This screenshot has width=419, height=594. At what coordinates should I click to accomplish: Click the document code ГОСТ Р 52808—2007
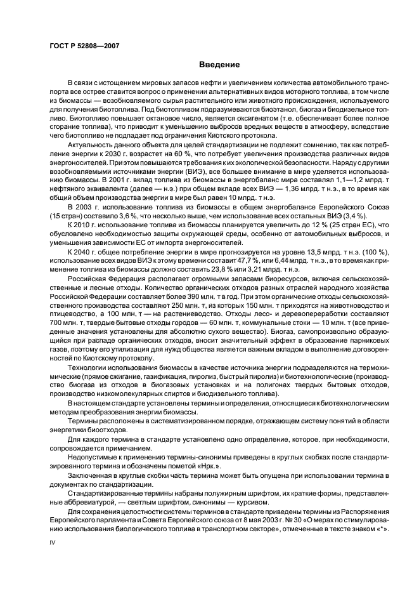[84, 46]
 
